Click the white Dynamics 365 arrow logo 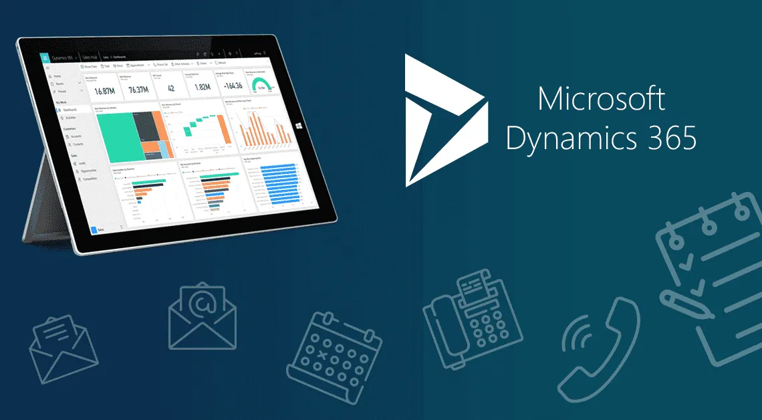(438, 120)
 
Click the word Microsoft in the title (601, 99)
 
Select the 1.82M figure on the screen (202, 87)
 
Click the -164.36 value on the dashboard (233, 86)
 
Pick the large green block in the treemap (116, 136)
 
